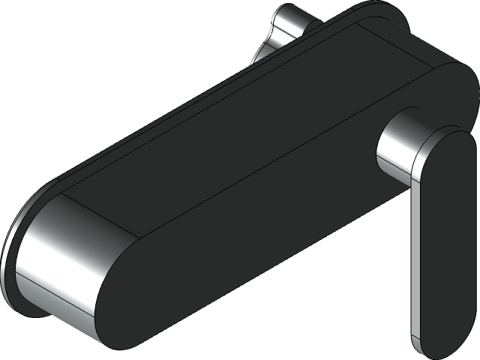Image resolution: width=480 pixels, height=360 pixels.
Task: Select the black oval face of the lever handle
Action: (x=442, y=225)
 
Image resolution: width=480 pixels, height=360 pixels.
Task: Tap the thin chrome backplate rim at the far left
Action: (x=9, y=262)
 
